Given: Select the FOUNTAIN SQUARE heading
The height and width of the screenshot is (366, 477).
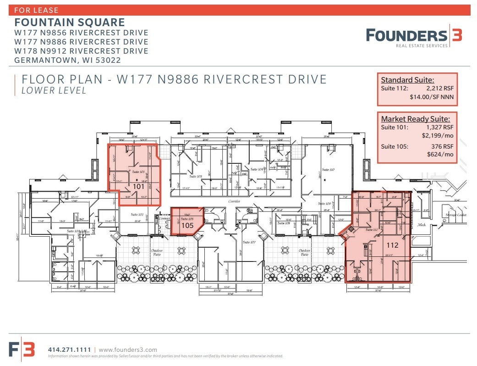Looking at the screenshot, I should (70, 22).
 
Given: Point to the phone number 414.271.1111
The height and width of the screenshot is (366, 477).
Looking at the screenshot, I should (70, 349).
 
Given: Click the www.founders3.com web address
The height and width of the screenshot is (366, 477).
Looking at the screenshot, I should (128, 349).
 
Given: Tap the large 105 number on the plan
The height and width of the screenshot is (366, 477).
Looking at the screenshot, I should (187, 226).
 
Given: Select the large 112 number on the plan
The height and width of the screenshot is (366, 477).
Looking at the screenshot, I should (392, 245).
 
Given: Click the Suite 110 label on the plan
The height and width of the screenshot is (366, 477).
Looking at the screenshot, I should (329, 170).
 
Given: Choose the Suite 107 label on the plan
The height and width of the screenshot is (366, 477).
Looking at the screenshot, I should (249, 242).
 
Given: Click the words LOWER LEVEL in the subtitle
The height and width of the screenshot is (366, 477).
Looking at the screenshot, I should (54, 91).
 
